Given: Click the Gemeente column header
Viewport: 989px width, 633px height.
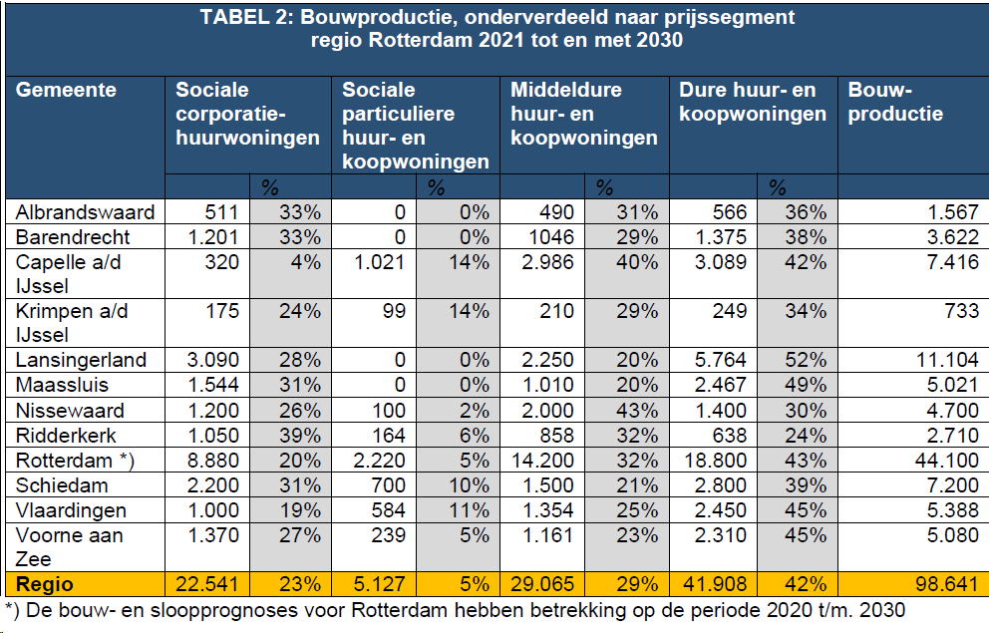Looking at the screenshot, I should click(66, 90).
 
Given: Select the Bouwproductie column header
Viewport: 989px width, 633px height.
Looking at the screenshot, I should click(894, 102).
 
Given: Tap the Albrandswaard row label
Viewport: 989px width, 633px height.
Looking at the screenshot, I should click(85, 211).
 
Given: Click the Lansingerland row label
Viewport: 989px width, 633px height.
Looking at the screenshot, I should click(80, 360).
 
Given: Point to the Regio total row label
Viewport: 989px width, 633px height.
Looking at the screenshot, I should click(45, 583).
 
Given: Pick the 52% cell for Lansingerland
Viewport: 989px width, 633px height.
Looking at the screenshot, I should click(804, 360).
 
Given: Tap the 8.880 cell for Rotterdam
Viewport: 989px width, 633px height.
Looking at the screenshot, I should click(208, 461).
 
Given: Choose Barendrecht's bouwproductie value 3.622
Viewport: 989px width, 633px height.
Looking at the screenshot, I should click(952, 237).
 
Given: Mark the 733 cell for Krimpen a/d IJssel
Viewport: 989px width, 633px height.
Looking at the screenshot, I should click(962, 311).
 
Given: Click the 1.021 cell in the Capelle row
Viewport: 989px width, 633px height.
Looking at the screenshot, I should click(379, 262).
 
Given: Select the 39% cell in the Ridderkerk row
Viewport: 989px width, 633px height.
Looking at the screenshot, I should click(299, 436).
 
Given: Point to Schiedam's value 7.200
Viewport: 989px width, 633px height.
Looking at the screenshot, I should click(952, 485).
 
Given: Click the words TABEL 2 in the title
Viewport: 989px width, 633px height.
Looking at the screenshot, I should click(246, 18).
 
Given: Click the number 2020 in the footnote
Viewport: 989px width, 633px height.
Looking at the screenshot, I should click(733, 608).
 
